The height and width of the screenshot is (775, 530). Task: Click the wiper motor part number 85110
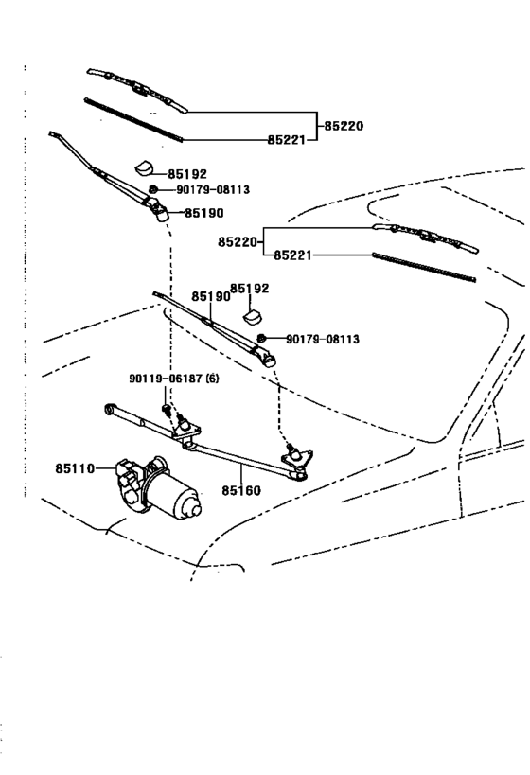(x=75, y=468)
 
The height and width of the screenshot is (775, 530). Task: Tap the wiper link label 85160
(x=240, y=490)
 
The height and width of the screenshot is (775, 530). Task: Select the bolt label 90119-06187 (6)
(x=174, y=379)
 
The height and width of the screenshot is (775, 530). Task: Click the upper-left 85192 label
(x=186, y=174)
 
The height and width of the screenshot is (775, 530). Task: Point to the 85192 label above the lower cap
(x=250, y=289)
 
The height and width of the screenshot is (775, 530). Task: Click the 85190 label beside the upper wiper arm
(x=204, y=213)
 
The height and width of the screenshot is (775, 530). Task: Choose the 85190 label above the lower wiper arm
(x=211, y=296)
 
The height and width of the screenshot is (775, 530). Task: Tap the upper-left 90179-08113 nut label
(x=213, y=190)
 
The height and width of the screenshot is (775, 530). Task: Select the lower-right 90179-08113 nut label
(x=323, y=339)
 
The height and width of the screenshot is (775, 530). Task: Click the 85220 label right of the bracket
(x=344, y=126)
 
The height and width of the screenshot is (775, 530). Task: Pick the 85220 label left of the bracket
(x=238, y=242)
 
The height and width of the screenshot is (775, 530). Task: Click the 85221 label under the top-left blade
(x=287, y=140)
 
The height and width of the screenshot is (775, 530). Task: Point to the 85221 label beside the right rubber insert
(x=293, y=255)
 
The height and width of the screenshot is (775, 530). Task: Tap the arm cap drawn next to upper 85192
(x=145, y=168)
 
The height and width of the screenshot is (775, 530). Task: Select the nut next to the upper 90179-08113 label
(x=153, y=189)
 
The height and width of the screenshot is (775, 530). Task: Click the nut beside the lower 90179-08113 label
(x=262, y=338)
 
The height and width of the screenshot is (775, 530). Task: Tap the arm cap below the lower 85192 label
(x=253, y=317)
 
